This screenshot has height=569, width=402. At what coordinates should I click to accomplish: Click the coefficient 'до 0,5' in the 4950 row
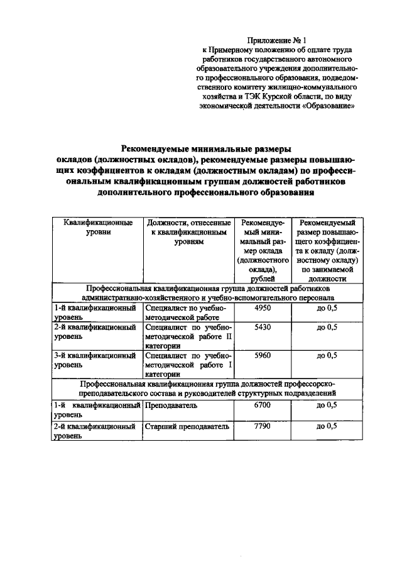pos(327,309)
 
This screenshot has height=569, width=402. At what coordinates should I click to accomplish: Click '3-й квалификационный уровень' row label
pos(95,360)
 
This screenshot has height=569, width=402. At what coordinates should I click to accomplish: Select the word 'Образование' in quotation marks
pos(330,106)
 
